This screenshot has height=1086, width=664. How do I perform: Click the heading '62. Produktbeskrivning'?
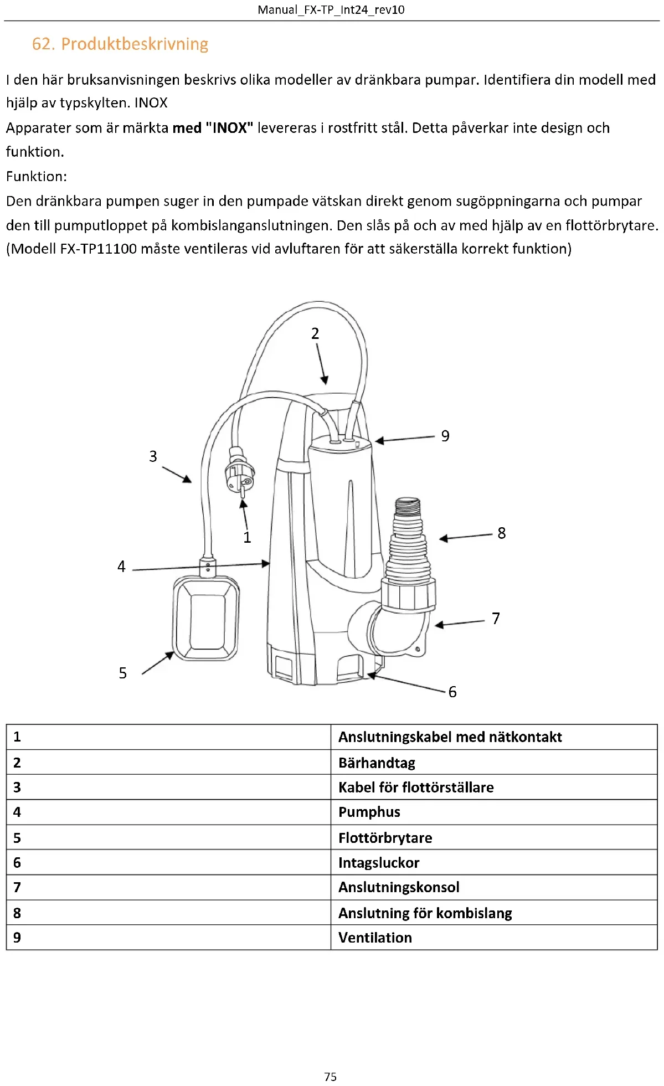point(120,44)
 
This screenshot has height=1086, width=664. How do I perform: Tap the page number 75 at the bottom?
point(330,1076)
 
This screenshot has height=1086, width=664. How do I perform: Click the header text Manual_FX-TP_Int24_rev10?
point(331,9)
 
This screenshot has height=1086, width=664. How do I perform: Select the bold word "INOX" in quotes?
point(229,128)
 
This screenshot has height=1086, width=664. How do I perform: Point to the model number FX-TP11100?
point(98,249)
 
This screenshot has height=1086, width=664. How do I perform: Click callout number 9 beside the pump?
point(445,436)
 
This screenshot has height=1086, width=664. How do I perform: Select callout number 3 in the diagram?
point(153,456)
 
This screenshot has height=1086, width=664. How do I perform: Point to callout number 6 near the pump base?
point(452,692)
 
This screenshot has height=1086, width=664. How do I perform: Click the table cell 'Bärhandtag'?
point(377,763)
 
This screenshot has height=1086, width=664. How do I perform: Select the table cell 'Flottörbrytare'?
point(385,837)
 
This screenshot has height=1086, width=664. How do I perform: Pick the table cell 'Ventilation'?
point(375,937)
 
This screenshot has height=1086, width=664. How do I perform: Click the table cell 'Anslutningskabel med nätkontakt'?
point(450,737)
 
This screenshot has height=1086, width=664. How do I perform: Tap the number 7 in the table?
point(17,887)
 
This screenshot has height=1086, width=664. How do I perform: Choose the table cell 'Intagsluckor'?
point(379,862)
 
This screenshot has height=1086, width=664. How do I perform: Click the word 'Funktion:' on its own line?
point(37,176)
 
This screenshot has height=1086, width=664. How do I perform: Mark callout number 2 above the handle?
point(315,333)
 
